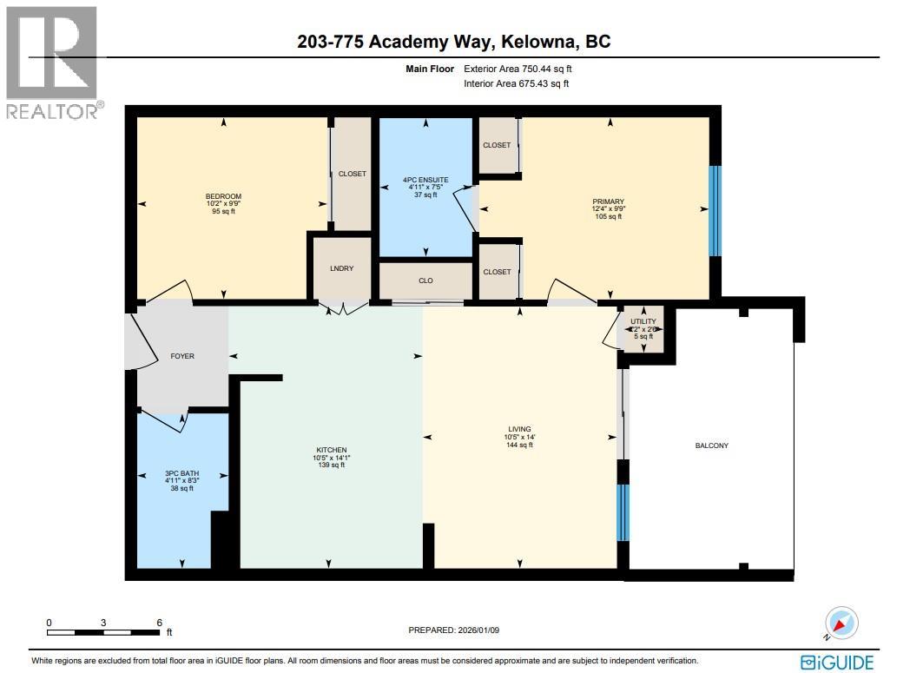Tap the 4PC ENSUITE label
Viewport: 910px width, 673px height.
pyautogui.click(x=425, y=180)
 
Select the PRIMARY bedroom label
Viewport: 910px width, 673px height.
pyautogui.click(x=609, y=201)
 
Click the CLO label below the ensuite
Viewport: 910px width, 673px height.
pyautogui.click(x=425, y=280)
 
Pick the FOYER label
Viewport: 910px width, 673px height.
pyautogui.click(x=182, y=356)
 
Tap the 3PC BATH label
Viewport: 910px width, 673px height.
pyautogui.click(x=181, y=473)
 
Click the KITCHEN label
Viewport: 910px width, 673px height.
pyautogui.click(x=331, y=450)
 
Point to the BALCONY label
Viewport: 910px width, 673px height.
pyautogui.click(x=711, y=445)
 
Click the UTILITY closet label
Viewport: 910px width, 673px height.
pyautogui.click(x=643, y=322)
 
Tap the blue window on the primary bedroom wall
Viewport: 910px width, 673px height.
pyautogui.click(x=715, y=211)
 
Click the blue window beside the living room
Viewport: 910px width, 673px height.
pyautogui.click(x=623, y=512)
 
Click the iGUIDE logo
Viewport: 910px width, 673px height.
pyautogui.click(x=836, y=662)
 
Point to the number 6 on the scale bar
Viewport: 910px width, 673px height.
pyautogui.click(x=158, y=623)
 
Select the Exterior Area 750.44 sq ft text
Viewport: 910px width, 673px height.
pyautogui.click(x=517, y=68)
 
